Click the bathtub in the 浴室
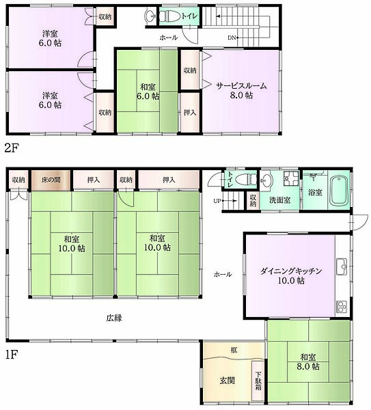click(339, 191)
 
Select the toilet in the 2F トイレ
click(170, 16)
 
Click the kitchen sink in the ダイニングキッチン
click(342, 266)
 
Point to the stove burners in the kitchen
click(342, 306)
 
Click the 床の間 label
click(51, 180)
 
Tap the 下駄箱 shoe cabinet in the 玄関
click(258, 381)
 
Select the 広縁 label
click(114, 318)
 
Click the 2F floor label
click(12, 148)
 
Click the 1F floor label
click(12, 355)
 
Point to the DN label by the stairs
click(232, 38)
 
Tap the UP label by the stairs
click(217, 201)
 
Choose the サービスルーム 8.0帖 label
click(241, 90)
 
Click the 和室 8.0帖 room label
click(308, 361)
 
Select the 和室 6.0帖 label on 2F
click(148, 92)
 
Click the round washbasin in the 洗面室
click(266, 180)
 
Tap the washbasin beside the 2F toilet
click(151, 16)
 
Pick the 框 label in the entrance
click(234, 350)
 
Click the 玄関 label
click(228, 381)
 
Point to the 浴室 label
click(315, 192)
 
